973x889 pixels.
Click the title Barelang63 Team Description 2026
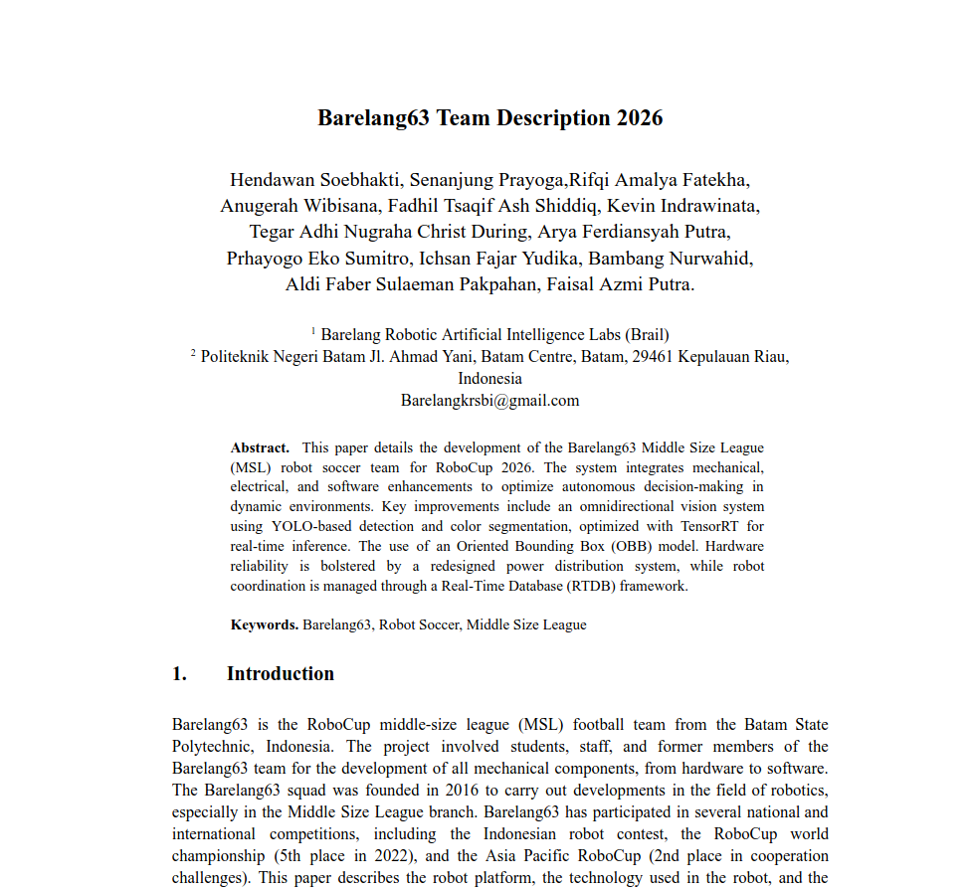489,118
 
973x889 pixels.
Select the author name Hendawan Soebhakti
310,180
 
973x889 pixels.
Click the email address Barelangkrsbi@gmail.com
489,401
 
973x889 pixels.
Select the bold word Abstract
260,447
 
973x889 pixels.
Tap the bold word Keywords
265,624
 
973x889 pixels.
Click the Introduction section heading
280,673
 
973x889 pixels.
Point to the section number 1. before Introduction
179,673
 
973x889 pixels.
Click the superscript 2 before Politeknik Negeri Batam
193,352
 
